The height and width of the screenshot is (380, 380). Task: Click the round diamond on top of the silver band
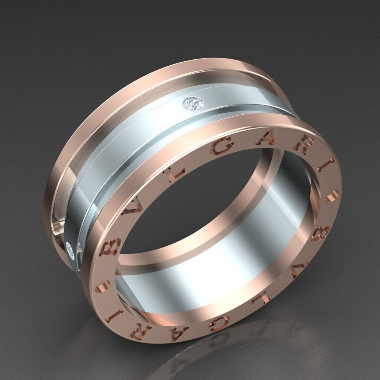pos(193,104)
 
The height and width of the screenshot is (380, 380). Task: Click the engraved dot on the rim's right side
pos(332,195)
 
